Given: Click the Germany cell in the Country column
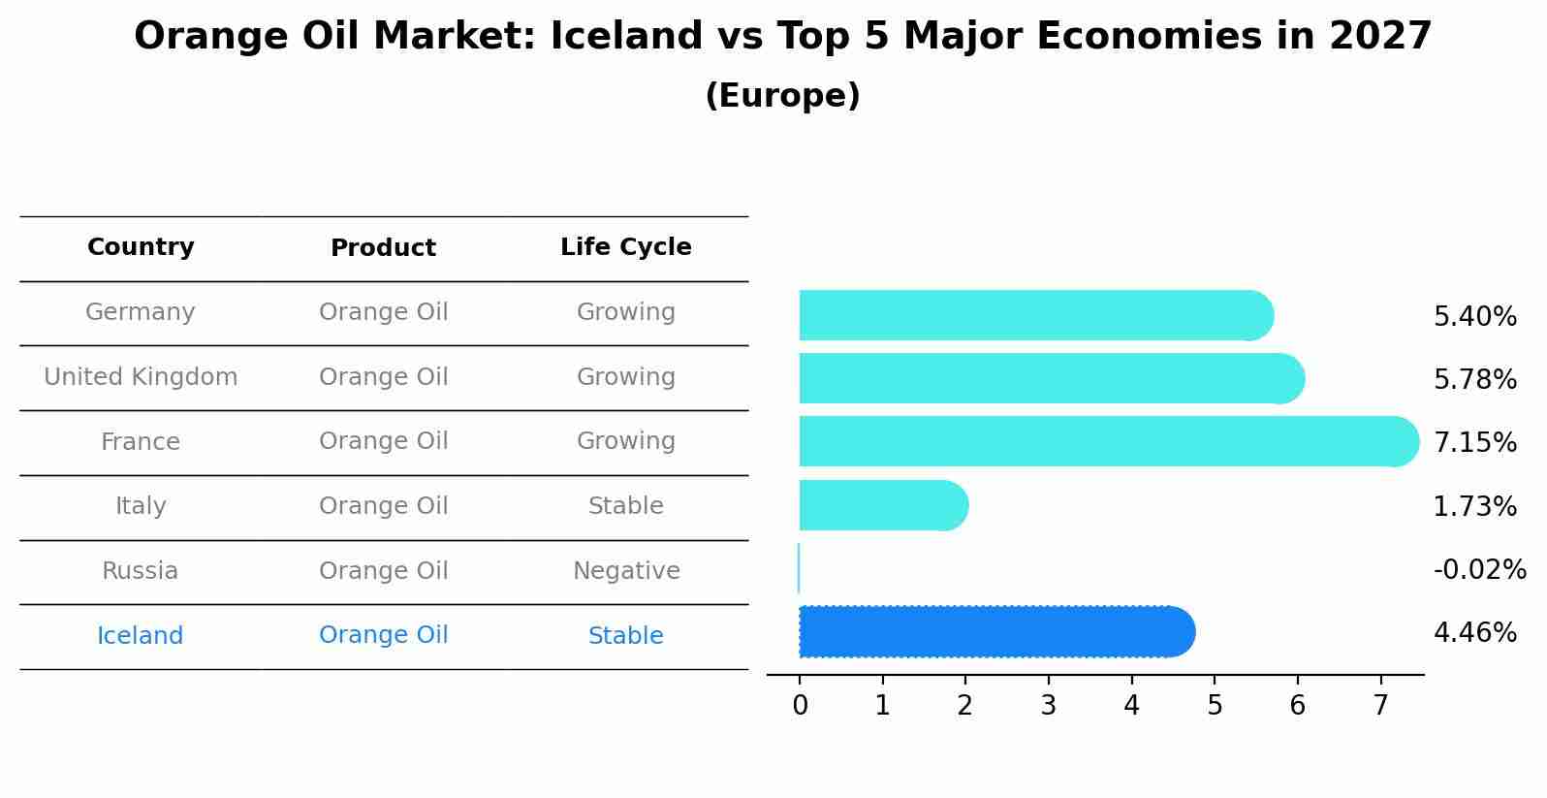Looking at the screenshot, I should point(141,312).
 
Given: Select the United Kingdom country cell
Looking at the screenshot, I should point(141,377).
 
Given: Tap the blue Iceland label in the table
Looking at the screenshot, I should point(141,636).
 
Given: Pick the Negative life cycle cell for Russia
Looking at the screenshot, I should point(626,571).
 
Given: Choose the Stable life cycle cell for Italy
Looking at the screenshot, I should point(626,506).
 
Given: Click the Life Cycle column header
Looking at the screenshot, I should point(626,247).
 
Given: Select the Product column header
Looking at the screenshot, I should point(383,248).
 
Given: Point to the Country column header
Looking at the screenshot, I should point(141,247).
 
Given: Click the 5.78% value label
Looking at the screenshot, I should point(1474,379).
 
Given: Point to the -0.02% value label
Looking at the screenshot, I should point(1479,569).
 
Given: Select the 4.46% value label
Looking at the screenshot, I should point(1474,633).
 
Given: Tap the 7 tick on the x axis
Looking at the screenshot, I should point(1381,706).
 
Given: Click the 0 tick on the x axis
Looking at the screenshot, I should point(800,706).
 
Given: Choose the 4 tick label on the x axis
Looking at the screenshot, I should point(1131,706).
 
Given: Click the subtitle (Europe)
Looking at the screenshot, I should point(782,96).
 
